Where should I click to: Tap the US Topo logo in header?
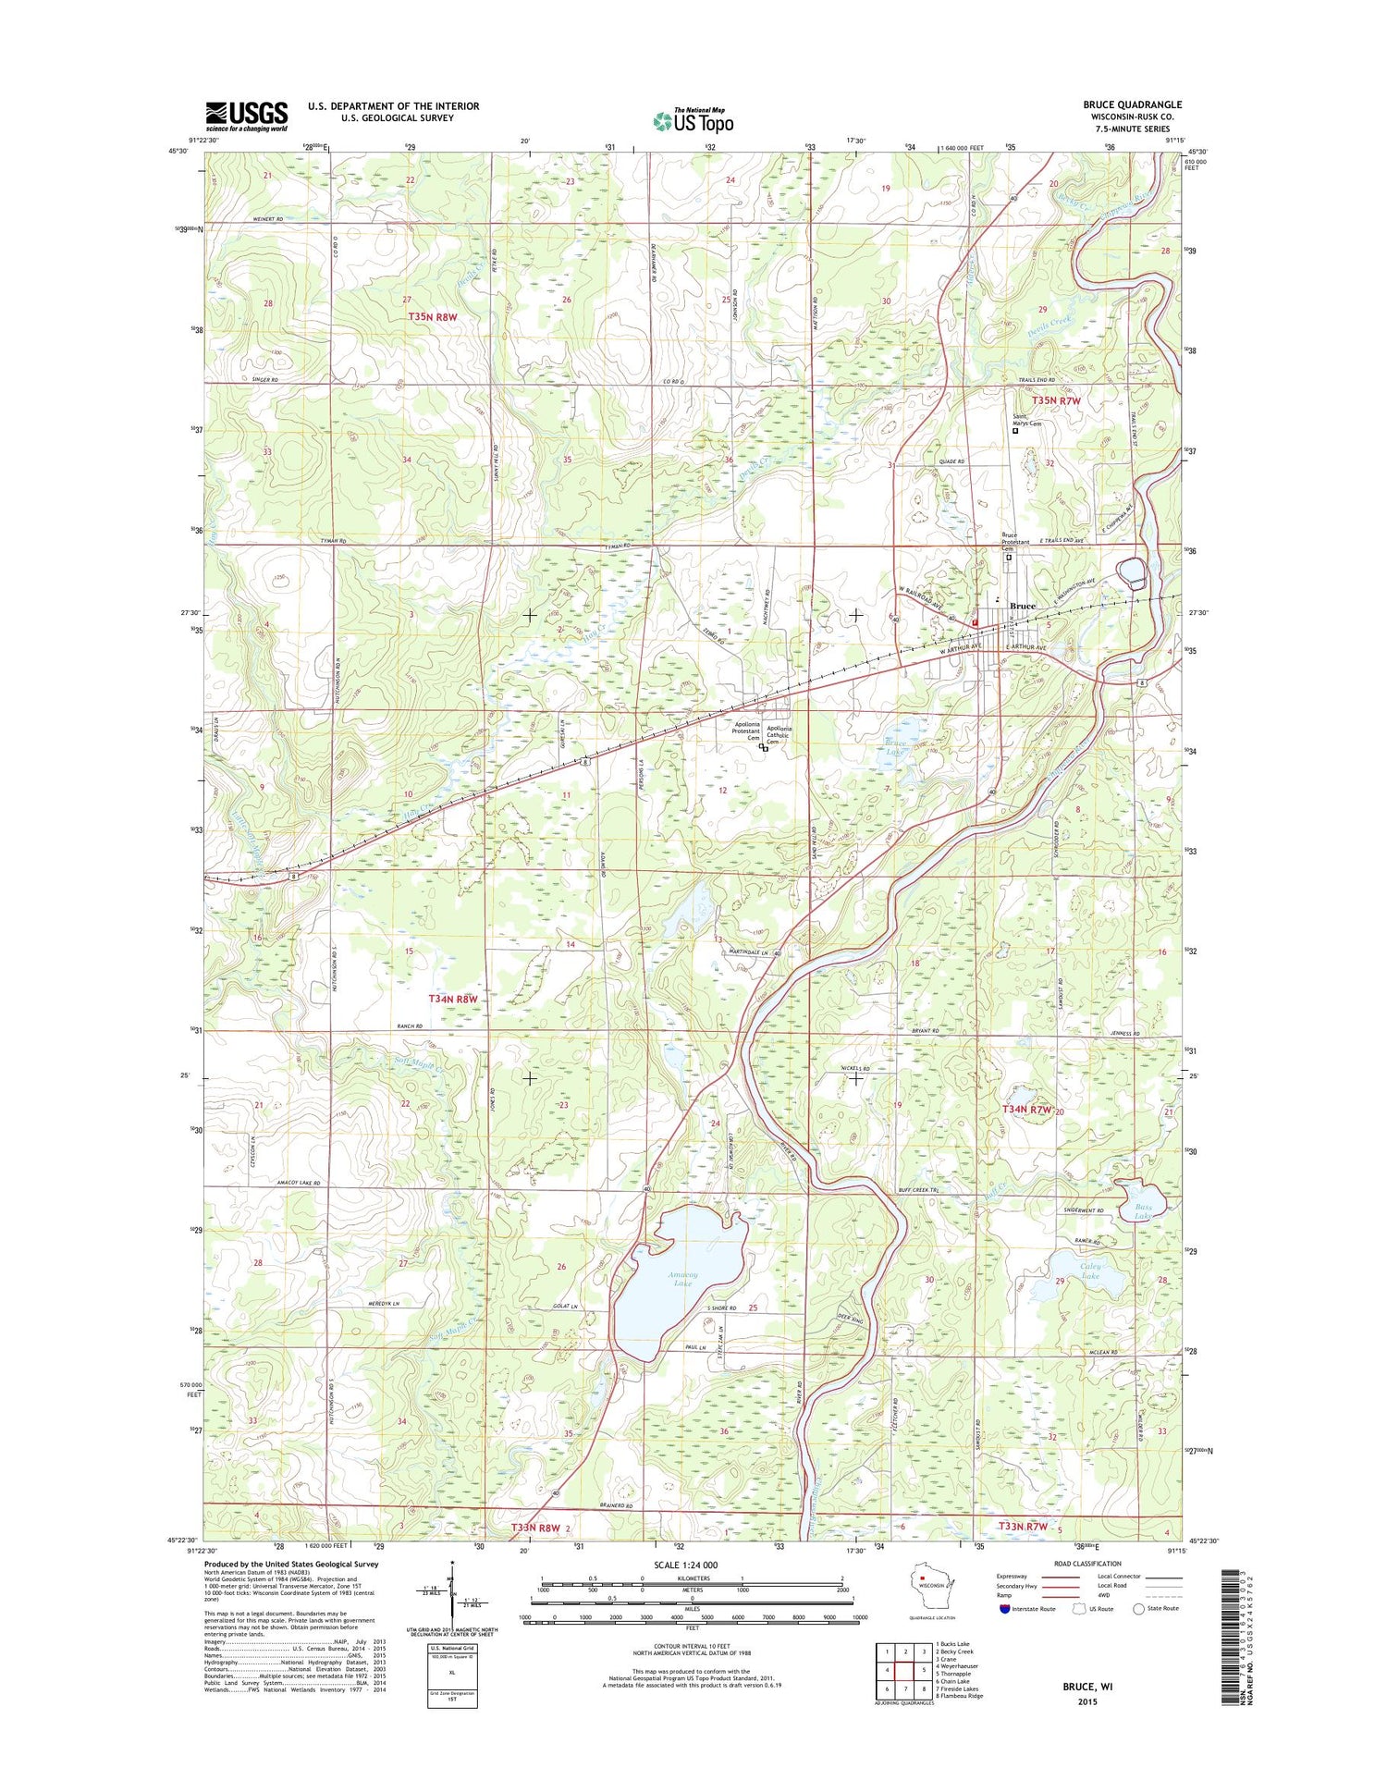693,120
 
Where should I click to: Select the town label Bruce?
1022,607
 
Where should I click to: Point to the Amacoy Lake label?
682,1279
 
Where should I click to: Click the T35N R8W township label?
433,317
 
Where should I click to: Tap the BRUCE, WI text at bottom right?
1087,1687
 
